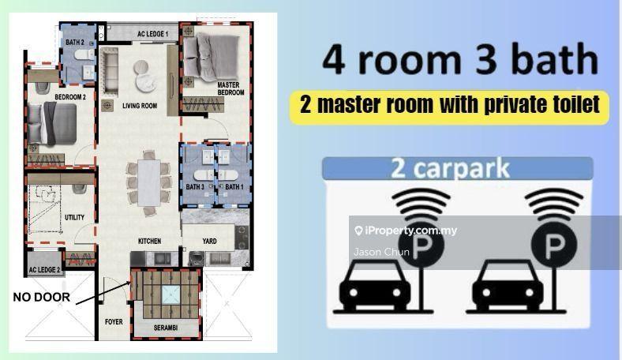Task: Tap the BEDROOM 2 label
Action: [70, 97]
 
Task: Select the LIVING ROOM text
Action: [140, 106]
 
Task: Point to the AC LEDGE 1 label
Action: [152, 34]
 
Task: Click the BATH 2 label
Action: [74, 42]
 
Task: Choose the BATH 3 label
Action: [195, 186]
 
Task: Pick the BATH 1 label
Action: [234, 186]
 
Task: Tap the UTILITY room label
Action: [74, 218]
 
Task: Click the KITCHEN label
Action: [149, 241]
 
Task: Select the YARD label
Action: [209, 241]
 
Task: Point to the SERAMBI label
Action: [166, 328]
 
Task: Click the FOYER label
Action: [114, 322]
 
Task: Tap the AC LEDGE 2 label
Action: [44, 270]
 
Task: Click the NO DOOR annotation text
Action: [42, 297]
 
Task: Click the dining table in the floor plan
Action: [149, 182]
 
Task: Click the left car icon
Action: [375, 285]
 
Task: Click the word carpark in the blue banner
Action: [461, 168]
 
